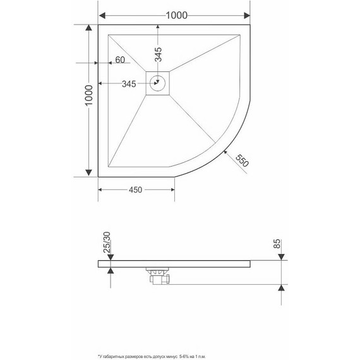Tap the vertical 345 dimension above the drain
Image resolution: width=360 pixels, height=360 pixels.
159,58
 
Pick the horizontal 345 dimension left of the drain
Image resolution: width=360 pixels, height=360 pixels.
129,83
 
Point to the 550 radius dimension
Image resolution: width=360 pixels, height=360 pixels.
241,160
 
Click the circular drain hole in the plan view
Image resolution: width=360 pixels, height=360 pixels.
159,82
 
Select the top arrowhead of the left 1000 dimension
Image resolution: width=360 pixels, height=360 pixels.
89,29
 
